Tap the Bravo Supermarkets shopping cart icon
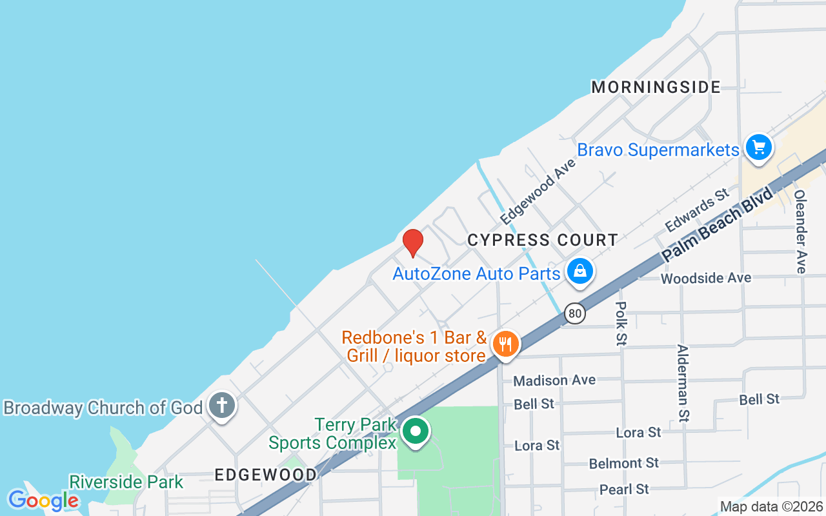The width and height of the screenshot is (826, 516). coord(758,148)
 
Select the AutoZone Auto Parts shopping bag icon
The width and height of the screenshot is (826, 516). coord(580,272)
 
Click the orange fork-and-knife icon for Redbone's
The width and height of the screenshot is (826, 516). coord(506,344)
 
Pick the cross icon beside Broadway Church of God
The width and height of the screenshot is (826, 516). coord(222,406)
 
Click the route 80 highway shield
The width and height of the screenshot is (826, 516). coord(575,314)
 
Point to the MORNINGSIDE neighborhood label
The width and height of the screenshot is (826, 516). coord(656,87)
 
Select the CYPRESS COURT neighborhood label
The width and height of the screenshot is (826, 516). coord(543,240)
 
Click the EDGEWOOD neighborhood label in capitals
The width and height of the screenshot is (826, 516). coord(266,475)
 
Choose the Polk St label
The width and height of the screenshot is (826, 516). coord(621,323)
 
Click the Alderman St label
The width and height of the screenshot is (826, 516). coord(683,383)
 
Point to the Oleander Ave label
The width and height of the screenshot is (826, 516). coord(800,231)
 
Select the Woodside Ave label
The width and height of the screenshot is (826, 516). coord(706,277)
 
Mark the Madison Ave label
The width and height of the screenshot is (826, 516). coord(554,381)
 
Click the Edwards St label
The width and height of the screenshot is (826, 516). coord(697,210)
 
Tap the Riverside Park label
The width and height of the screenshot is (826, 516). coord(126,482)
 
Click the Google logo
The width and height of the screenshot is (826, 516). coord(43,500)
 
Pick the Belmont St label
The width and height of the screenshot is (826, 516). coord(623,463)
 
